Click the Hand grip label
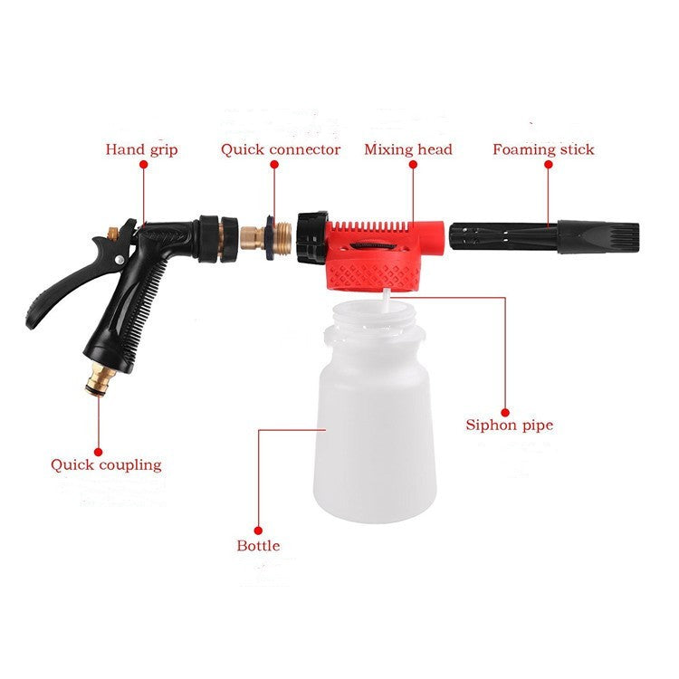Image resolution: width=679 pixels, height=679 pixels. tap(141, 149)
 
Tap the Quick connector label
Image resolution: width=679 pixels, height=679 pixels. tap(281, 149)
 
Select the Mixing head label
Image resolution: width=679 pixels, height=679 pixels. tap(408, 149)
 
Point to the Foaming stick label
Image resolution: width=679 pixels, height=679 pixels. tap(543, 149)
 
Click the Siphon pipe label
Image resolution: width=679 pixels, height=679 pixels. tap(509, 425)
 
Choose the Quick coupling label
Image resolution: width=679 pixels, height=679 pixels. tap(106, 465)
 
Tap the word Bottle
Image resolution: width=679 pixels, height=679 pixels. tap(258, 546)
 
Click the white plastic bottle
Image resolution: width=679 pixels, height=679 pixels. tap(376, 435)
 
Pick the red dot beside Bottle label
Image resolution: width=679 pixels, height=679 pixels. tap(258, 530)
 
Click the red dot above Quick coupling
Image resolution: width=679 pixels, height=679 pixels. tap(99, 445)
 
